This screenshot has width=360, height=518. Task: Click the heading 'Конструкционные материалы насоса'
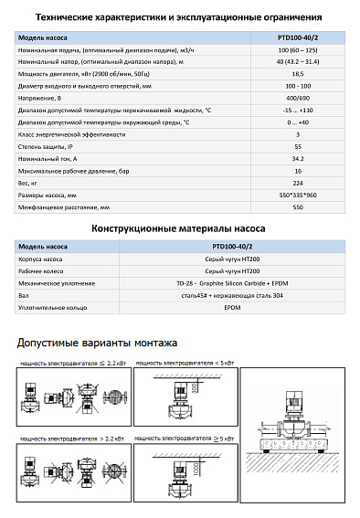pos(179,227)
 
